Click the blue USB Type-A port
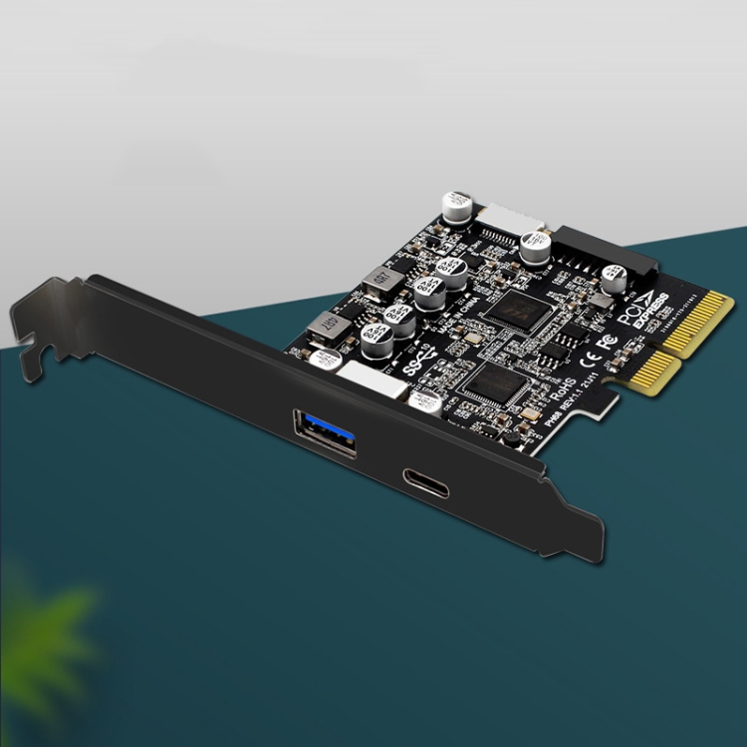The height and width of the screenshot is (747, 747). [325, 430]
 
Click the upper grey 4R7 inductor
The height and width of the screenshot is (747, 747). [375, 283]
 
